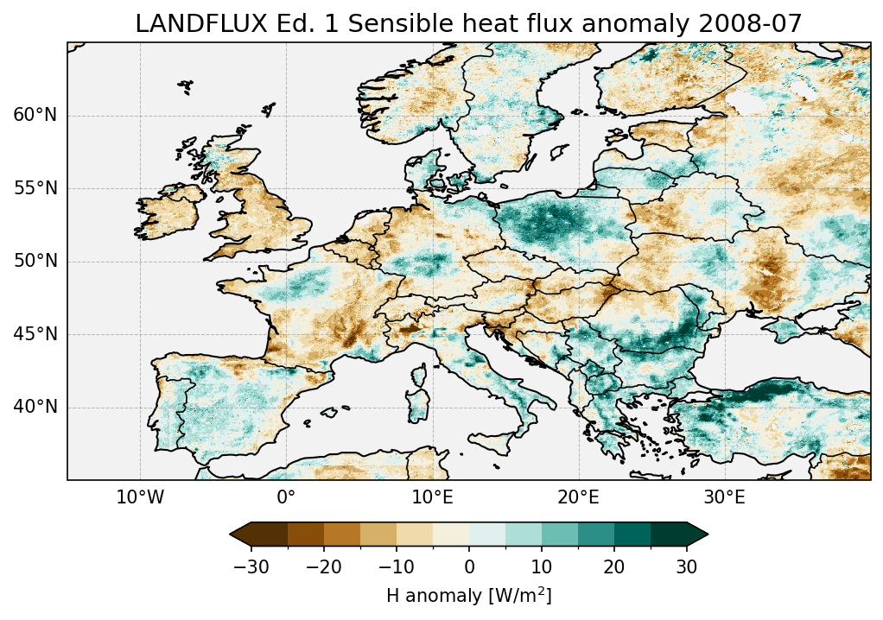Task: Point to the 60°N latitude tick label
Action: (x=35, y=116)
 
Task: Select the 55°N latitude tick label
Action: (x=35, y=188)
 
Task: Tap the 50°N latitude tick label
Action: (x=35, y=262)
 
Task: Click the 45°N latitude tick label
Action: (x=35, y=334)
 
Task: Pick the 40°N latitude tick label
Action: (x=35, y=407)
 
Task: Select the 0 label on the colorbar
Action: (x=469, y=566)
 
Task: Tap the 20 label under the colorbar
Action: (x=614, y=566)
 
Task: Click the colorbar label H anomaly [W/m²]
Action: (x=468, y=596)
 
